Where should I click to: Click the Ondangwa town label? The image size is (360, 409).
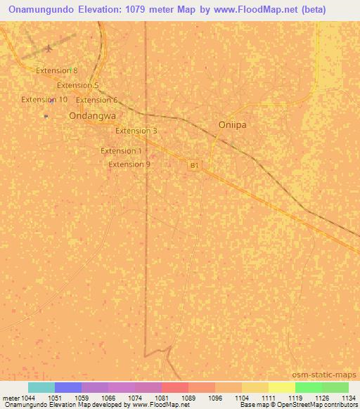coord(92,116)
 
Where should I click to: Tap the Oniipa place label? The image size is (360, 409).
coord(232,124)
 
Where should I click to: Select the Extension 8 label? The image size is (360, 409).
coord(56,70)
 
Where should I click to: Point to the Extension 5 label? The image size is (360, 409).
coord(77,85)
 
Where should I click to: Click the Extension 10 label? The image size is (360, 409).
coord(44,100)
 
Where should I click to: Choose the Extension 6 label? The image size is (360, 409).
coord(96,100)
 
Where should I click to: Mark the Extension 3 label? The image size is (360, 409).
coord(136,131)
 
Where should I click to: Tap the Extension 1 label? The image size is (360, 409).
coord(121,150)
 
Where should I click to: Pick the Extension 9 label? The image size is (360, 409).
coord(129,164)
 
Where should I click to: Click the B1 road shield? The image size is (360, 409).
coord(195,165)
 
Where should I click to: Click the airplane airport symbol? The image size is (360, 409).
coord(48,48)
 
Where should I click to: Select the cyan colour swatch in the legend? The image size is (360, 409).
coord(41,387)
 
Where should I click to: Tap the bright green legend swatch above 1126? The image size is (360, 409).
coord(308,387)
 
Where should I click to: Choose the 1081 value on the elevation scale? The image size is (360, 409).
coord(162,398)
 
